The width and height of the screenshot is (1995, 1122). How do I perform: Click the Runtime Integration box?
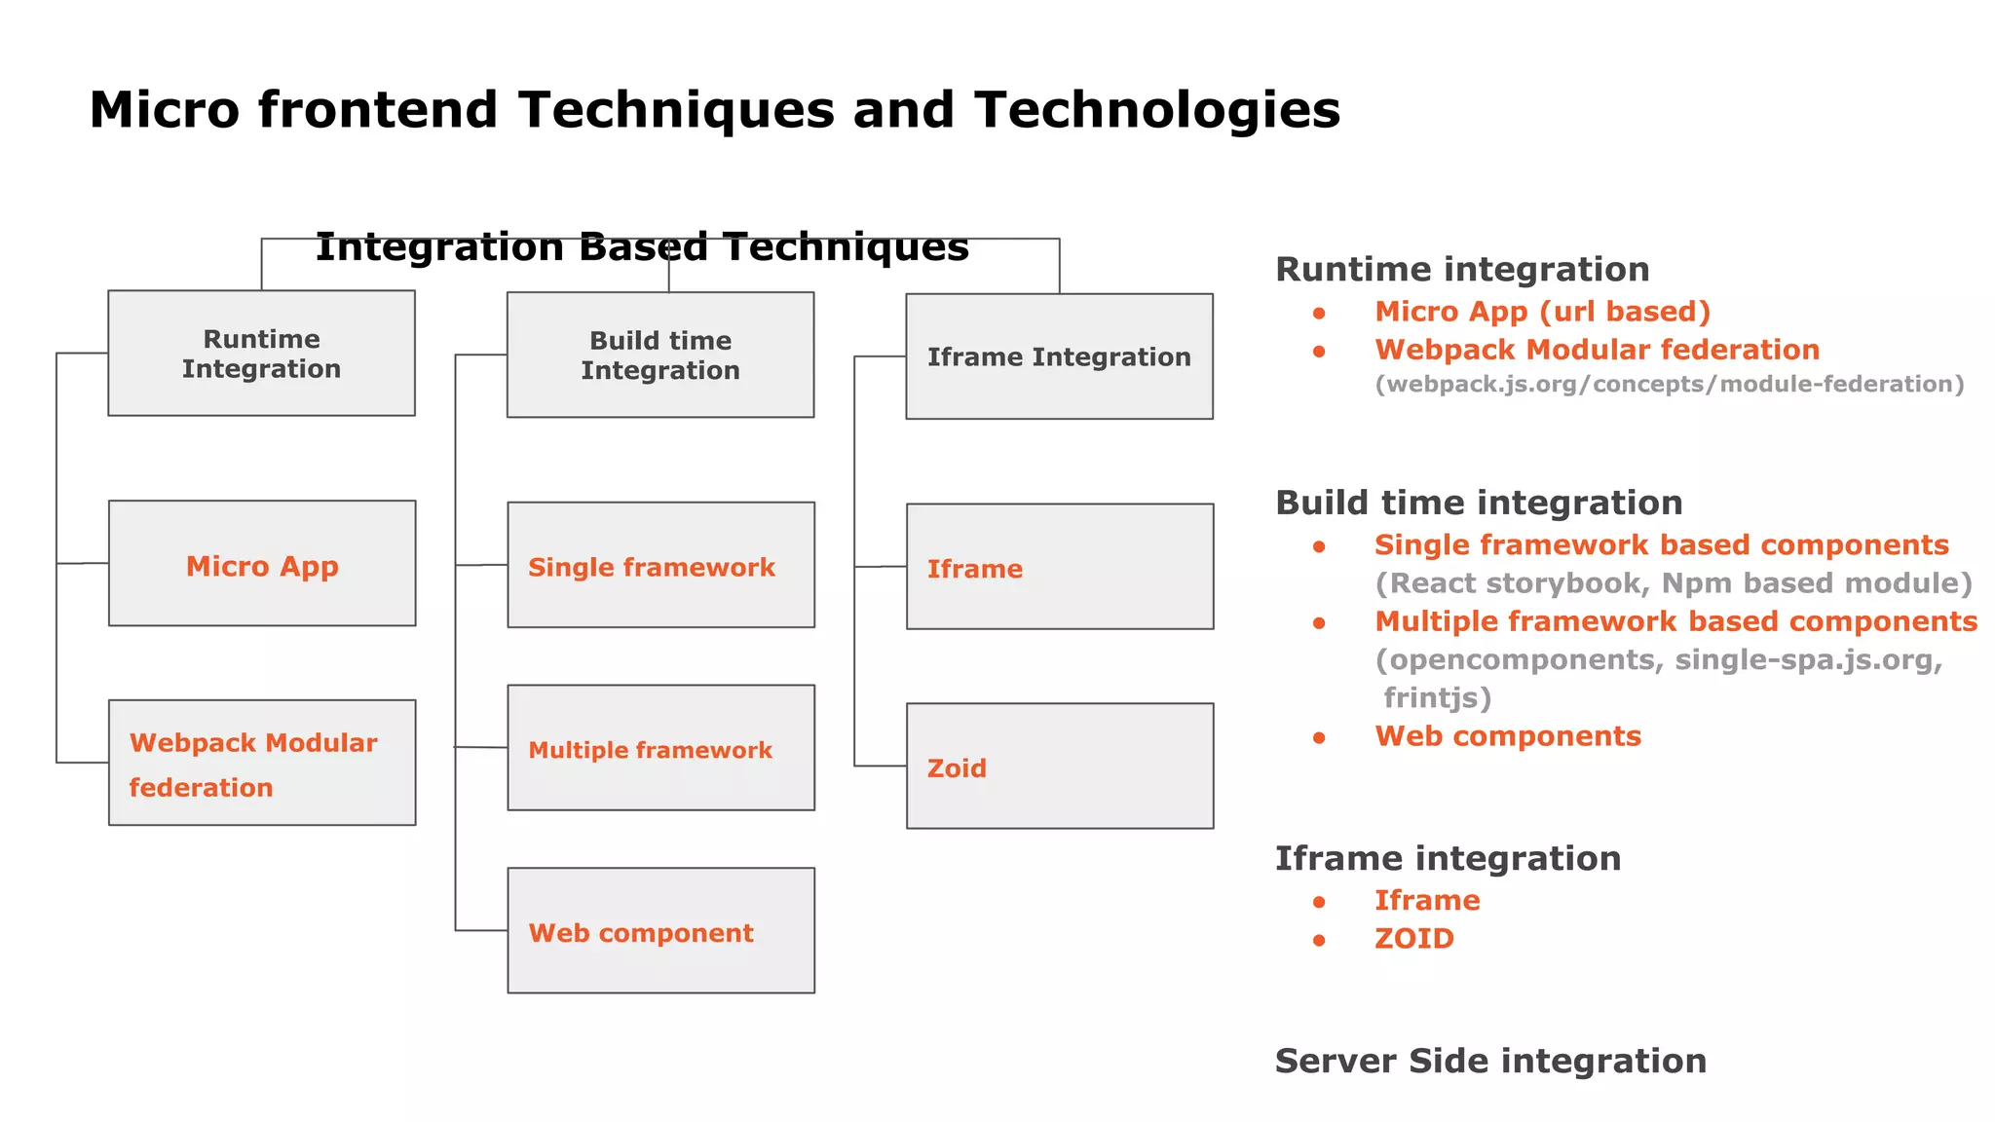click(x=261, y=353)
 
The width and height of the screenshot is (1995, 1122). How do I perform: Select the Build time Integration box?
click(x=659, y=355)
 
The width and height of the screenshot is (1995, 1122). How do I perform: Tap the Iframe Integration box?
click(x=1059, y=356)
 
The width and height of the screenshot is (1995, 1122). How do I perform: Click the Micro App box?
click(x=262, y=564)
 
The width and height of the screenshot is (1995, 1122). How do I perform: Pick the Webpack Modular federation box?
click(x=262, y=763)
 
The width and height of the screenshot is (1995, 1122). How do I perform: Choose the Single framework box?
click(x=660, y=565)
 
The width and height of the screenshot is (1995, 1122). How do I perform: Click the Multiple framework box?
click(x=660, y=748)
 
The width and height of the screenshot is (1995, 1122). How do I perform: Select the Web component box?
click(x=660, y=931)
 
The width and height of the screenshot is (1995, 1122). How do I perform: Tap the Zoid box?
click(x=1060, y=767)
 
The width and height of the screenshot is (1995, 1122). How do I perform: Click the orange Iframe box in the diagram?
click(x=1060, y=567)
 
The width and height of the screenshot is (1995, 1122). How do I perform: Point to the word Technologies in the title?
click(x=1157, y=110)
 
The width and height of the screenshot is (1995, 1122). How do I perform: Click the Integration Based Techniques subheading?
click(x=642, y=247)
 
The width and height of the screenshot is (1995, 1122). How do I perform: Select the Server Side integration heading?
click(x=1490, y=1061)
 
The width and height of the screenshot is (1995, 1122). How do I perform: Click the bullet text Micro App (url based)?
click(x=1542, y=312)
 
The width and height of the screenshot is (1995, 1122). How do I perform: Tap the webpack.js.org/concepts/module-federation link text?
click(x=1669, y=385)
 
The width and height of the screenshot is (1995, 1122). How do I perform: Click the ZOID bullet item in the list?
click(x=1413, y=939)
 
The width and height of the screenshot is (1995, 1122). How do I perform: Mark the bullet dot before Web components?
click(x=1319, y=738)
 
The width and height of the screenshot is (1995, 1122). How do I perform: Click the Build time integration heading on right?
click(x=1479, y=503)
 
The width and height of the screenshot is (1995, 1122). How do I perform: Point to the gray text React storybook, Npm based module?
click(x=1673, y=583)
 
